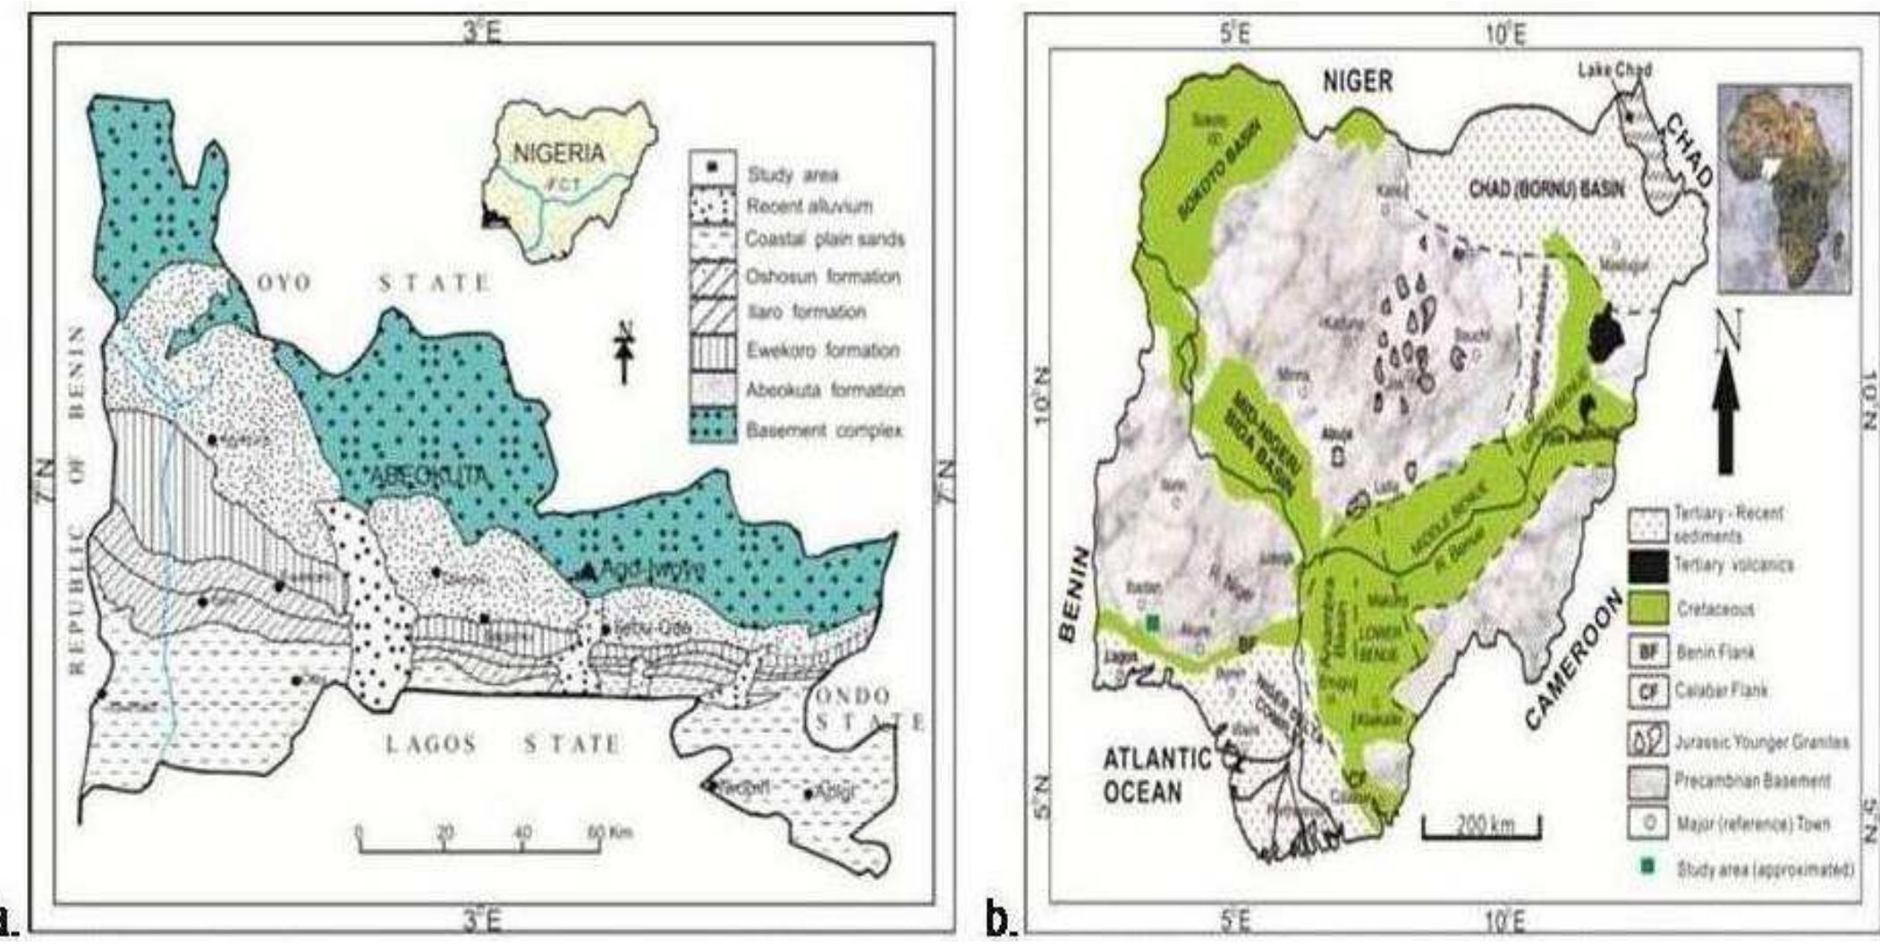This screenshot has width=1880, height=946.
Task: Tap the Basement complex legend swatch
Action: click(713, 429)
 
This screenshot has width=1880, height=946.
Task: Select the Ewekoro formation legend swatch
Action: click(713, 350)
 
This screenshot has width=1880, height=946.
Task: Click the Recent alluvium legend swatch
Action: click(713, 206)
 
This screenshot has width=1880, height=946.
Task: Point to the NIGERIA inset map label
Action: click(558, 153)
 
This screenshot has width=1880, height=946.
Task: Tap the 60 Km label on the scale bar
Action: click(608, 832)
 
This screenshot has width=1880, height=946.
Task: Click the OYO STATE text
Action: click(374, 283)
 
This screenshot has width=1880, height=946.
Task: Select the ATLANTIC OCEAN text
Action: click(1156, 774)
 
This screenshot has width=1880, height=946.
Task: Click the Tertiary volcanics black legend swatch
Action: click(1647, 565)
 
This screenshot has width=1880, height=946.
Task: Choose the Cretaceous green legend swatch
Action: click(1647, 609)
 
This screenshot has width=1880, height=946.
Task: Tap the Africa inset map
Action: click(1785, 189)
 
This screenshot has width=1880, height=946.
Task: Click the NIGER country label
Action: click(1358, 81)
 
